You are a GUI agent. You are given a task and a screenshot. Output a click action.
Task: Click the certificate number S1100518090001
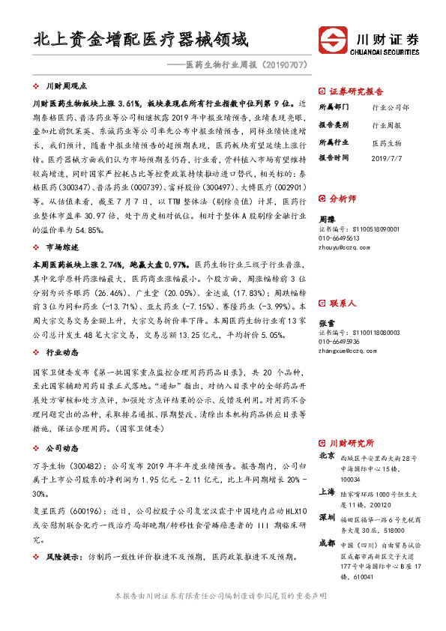(368, 229)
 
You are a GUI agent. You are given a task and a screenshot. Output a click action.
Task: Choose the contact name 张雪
(328, 322)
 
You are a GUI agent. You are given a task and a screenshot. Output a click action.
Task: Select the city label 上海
(327, 492)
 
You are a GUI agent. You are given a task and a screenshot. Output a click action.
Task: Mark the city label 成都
(327, 543)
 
